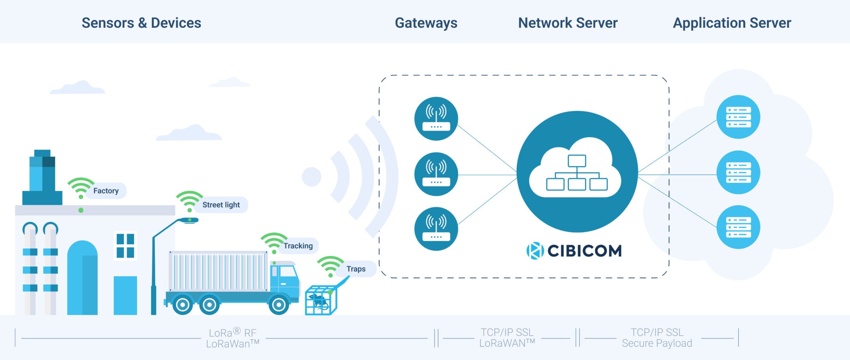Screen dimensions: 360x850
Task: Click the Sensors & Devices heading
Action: click(141, 23)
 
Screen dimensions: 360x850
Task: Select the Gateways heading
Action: click(426, 23)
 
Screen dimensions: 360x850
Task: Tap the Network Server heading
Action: click(568, 23)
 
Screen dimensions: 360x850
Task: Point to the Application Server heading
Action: click(732, 23)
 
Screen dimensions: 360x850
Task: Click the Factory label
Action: click(106, 191)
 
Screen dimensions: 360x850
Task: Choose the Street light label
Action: click(221, 205)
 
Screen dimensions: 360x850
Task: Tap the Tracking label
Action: click(298, 246)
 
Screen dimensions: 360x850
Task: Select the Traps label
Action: click(356, 269)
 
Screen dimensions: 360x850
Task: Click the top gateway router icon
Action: click(436, 119)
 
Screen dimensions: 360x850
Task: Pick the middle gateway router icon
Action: click(436, 174)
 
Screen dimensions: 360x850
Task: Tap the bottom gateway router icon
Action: click(436, 229)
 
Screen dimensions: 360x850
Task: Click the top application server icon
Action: click(738, 117)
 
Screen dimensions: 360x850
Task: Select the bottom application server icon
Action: click(738, 227)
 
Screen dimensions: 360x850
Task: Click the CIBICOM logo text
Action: click(584, 251)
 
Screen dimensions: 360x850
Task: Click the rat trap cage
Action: click(320, 300)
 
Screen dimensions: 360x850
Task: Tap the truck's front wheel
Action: click(278, 305)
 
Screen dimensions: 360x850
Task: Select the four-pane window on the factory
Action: click(125, 245)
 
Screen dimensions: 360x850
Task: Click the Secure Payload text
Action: click(657, 343)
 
